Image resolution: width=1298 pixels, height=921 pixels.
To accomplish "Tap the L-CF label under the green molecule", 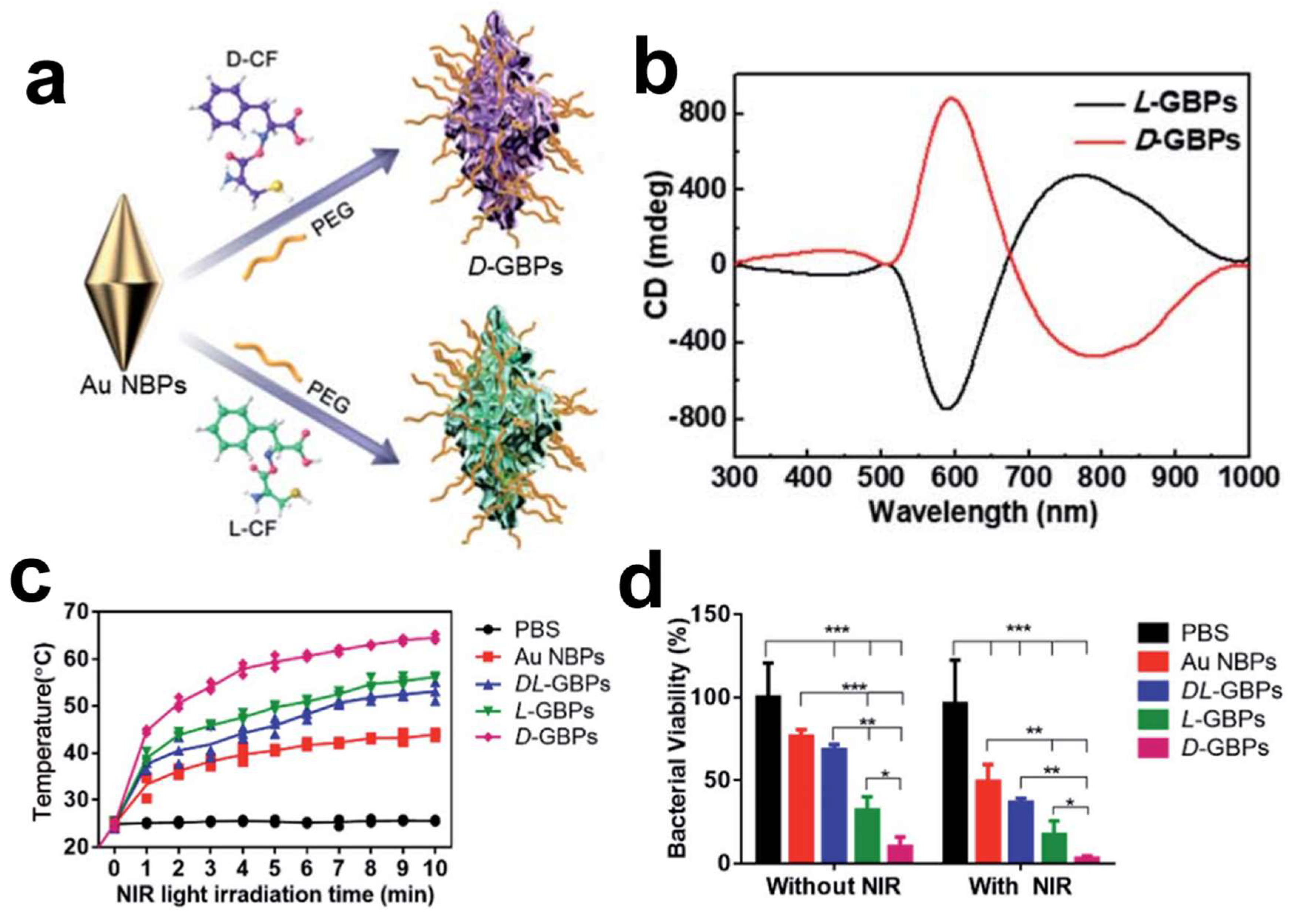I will pyautogui.click(x=253, y=529).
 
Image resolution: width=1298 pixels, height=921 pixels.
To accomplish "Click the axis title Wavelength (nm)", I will pyautogui.click(x=983, y=512).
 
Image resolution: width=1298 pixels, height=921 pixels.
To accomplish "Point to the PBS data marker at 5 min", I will pyautogui.click(x=275, y=821).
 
